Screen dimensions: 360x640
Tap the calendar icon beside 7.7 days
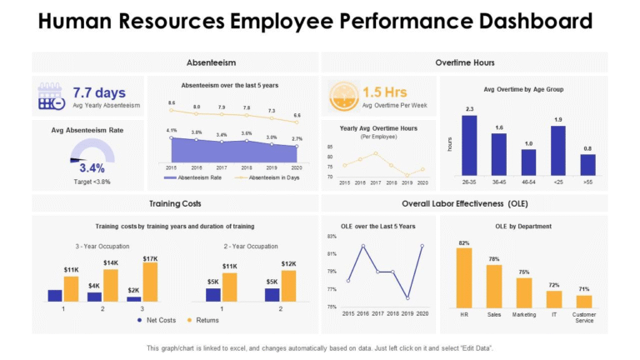(x=52, y=97)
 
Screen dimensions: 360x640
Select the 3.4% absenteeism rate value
(x=91, y=167)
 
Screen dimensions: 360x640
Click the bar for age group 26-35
(x=469, y=144)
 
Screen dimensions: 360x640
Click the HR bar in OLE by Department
(x=464, y=277)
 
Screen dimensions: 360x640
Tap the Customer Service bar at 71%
(x=584, y=302)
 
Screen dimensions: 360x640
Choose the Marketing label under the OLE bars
(x=524, y=314)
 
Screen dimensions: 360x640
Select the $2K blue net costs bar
(x=134, y=297)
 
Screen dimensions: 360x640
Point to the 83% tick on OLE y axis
(x=331, y=237)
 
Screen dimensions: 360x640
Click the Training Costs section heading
(x=174, y=203)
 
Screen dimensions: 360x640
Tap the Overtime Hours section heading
(x=464, y=62)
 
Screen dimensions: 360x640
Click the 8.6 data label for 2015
(x=172, y=102)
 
